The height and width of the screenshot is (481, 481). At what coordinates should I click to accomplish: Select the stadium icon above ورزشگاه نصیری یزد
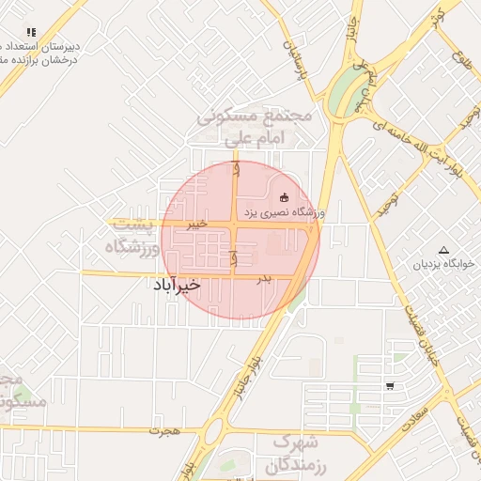click(x=285, y=196)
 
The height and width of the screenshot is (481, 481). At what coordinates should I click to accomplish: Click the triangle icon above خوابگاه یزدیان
click(x=444, y=248)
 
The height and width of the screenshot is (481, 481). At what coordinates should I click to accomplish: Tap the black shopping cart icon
click(x=390, y=385)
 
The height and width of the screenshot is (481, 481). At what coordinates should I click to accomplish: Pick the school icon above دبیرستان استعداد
click(x=31, y=32)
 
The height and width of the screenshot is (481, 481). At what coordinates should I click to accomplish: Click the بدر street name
click(x=265, y=278)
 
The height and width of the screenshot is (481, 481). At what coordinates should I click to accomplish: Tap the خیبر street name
click(x=195, y=225)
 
